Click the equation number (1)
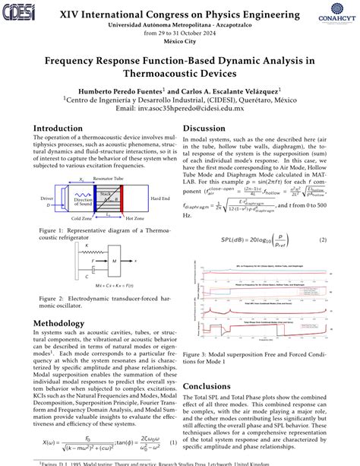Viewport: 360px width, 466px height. click(173, 442)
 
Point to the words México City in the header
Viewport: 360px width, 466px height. click(180, 43)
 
